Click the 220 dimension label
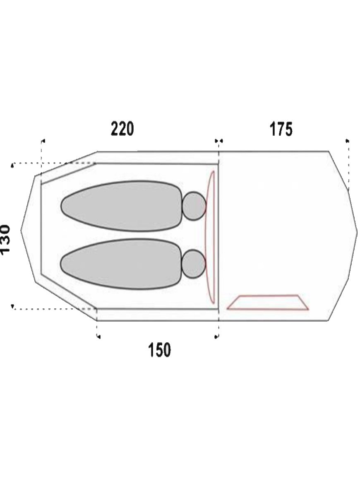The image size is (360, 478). (122, 129)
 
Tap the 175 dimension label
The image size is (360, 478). (281, 129)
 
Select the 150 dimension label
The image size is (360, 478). (159, 350)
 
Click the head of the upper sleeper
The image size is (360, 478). (194, 206)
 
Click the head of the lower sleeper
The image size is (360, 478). (194, 264)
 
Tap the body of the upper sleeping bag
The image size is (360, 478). (122, 206)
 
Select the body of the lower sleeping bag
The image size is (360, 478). (122, 264)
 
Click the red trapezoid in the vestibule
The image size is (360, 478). (268, 303)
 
